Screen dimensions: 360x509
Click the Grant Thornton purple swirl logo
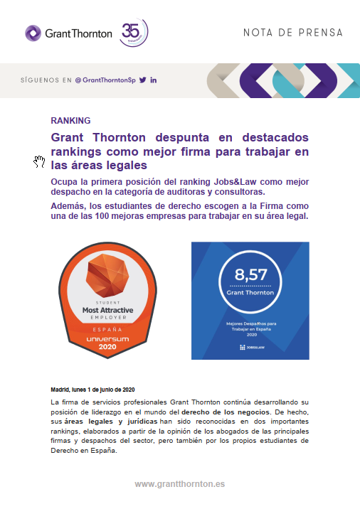pyautogui.click(x=33, y=33)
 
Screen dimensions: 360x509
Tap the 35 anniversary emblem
pyautogui.click(x=134, y=31)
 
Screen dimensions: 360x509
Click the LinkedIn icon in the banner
pyautogui.click(x=154, y=80)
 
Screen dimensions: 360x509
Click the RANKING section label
pyautogui.click(x=70, y=120)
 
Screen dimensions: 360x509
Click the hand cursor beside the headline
pyautogui.click(x=40, y=162)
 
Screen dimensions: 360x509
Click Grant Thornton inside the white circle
pyautogui.click(x=250, y=293)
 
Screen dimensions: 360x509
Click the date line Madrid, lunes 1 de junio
pyautogui.click(x=92, y=390)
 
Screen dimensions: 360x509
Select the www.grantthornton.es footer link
pyautogui.click(x=179, y=483)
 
